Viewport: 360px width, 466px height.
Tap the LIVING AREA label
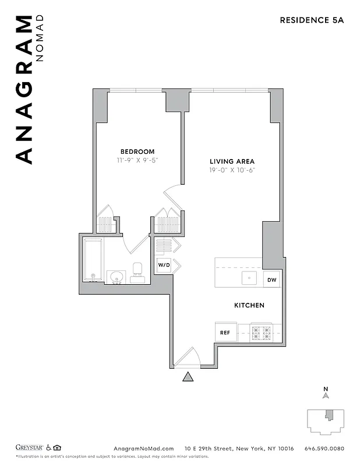click(232, 161)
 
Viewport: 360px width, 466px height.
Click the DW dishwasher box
click(271, 280)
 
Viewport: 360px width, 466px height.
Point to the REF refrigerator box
click(224, 333)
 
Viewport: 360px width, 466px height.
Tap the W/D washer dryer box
click(164, 266)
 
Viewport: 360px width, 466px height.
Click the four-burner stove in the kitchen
click(262, 333)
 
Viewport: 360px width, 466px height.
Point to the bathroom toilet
click(138, 271)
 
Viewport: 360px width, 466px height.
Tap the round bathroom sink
click(117, 276)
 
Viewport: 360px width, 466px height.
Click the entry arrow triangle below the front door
click(188, 377)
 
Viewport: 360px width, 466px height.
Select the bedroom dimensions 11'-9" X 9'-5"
click(137, 160)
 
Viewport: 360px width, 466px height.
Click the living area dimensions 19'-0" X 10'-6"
click(232, 170)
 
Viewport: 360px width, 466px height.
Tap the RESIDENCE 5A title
click(312, 20)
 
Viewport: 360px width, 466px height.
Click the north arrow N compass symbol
click(326, 394)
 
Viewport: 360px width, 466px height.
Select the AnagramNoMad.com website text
click(143, 448)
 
